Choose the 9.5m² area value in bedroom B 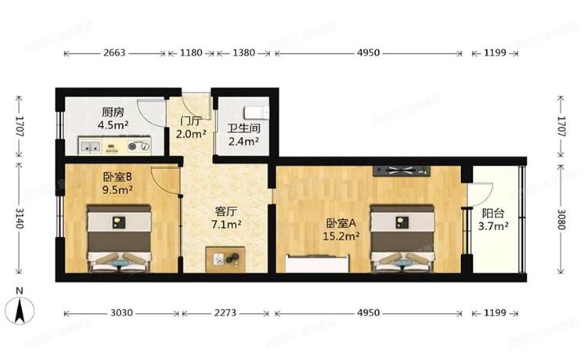pyautogui.click(x=117, y=189)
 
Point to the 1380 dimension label pyautogui.click(x=245, y=53)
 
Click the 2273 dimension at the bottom pyautogui.click(x=227, y=313)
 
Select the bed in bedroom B pyautogui.click(x=117, y=239)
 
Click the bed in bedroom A pyautogui.click(x=402, y=239)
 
